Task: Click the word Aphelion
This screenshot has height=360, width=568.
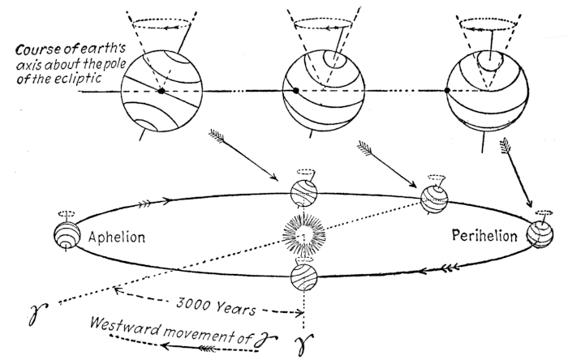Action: tap(117, 238)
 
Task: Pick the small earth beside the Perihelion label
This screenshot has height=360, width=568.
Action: tap(540, 236)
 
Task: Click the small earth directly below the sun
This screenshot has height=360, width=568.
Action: tap(303, 276)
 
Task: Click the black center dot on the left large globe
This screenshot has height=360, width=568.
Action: tap(162, 91)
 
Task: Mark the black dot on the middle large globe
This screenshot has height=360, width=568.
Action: tap(295, 90)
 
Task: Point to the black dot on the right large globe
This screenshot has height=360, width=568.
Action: tap(448, 91)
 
